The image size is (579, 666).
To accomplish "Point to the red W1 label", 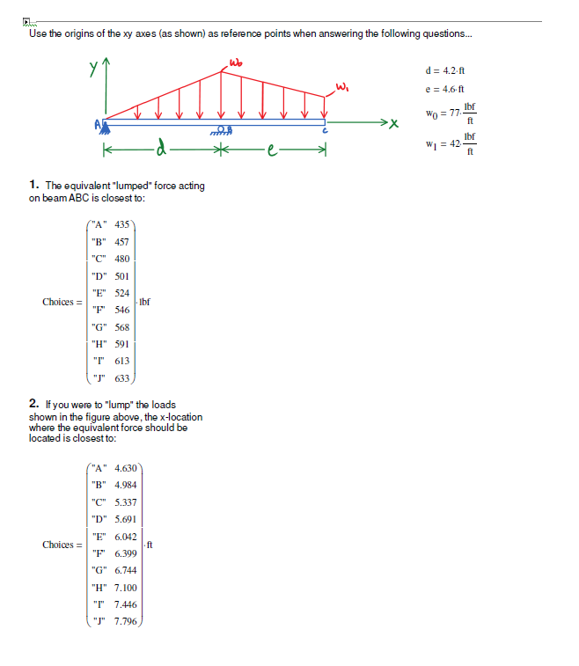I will [341, 85].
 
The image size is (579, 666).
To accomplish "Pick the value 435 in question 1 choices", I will [122, 225].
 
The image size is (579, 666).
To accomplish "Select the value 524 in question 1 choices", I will [122, 293].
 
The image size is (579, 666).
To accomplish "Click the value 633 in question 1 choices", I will [122, 378].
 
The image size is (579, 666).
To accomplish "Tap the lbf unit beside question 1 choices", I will [145, 302].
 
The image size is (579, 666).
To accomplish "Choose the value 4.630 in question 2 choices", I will [126, 468].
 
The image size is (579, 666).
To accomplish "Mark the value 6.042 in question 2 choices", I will [126, 537].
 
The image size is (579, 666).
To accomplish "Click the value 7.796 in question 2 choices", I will [126, 621].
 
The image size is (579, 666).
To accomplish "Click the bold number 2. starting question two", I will [33, 405].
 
